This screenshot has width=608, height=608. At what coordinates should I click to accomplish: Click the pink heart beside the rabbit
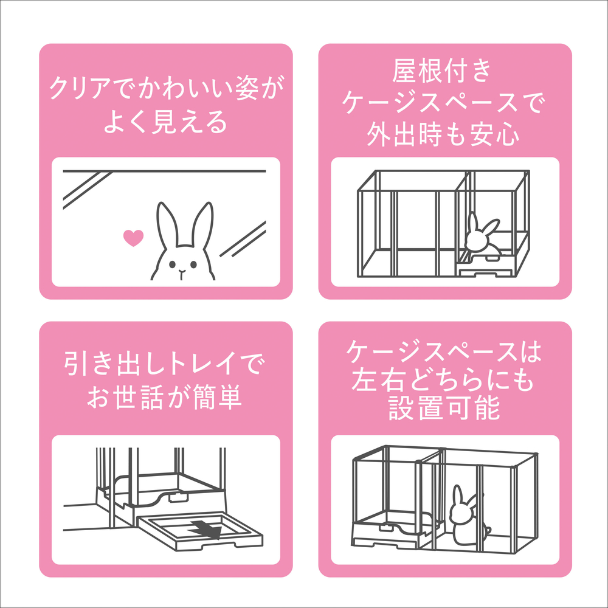[133, 238]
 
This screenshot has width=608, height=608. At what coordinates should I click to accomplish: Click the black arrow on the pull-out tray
[205, 529]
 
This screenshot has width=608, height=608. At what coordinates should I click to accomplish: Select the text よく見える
[166, 123]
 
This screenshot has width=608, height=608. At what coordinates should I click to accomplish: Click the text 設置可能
[444, 409]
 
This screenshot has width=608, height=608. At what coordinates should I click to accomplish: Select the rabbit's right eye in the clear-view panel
[193, 264]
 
